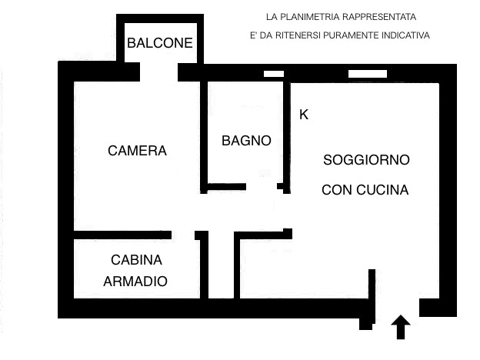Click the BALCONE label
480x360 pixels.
(x=160, y=43)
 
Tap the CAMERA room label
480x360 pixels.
(x=137, y=151)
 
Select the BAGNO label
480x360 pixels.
(x=246, y=141)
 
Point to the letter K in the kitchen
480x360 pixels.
(x=304, y=115)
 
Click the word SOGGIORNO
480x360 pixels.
(x=366, y=160)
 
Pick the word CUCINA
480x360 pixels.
(x=382, y=190)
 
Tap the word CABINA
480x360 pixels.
(x=136, y=260)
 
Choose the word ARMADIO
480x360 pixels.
(x=135, y=282)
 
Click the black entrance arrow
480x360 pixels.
(x=401, y=327)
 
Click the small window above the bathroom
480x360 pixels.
(x=274, y=74)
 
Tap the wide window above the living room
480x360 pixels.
(x=368, y=74)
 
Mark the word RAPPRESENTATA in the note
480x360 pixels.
(x=379, y=17)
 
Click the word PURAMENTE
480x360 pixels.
(x=351, y=35)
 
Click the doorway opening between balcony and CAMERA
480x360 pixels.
(x=159, y=72)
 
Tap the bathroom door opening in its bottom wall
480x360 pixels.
(x=262, y=186)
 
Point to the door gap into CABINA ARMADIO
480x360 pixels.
(x=183, y=235)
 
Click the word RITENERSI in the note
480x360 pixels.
(x=298, y=35)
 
